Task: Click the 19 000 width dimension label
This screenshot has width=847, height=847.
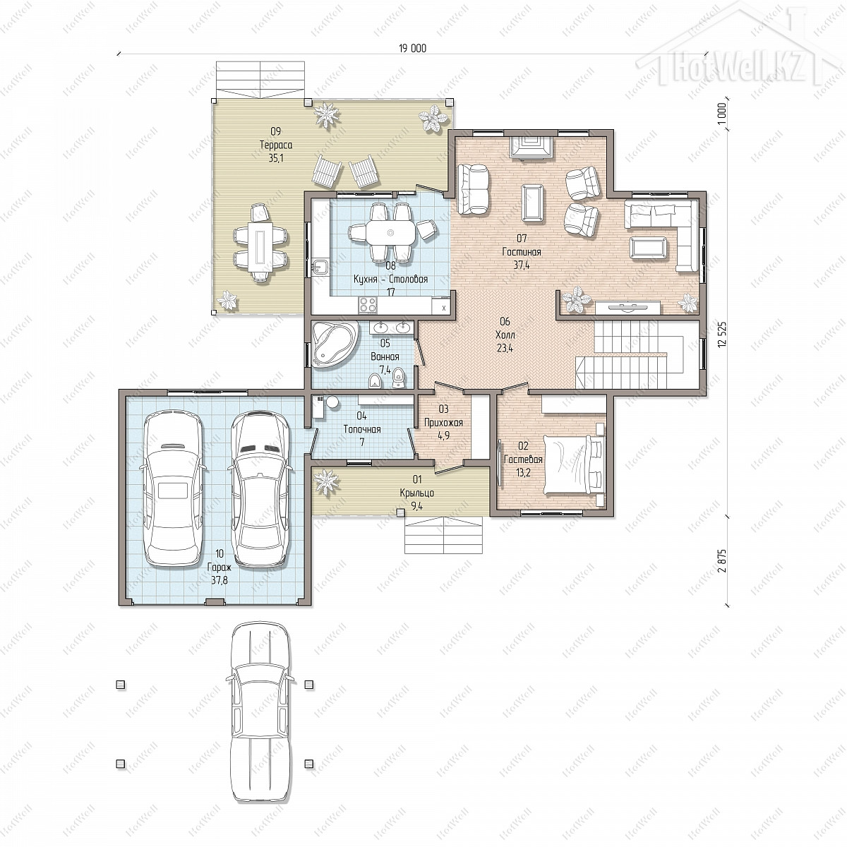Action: pos(412,49)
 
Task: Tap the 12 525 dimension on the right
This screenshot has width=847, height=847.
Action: pos(722,335)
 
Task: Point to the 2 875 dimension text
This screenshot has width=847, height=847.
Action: pos(722,561)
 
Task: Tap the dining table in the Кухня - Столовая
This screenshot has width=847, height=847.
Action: pos(391,233)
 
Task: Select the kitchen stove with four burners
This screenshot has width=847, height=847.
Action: pos(368,304)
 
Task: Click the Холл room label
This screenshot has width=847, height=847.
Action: pos(505,335)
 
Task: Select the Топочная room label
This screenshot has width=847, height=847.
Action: pos(362,429)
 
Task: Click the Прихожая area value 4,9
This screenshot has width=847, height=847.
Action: pos(443,435)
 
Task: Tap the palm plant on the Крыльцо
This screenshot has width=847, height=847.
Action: pos(326,483)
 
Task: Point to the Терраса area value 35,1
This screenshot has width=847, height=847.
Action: pos(276,158)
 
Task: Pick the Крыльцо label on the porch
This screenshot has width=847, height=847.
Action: pos(416,493)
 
